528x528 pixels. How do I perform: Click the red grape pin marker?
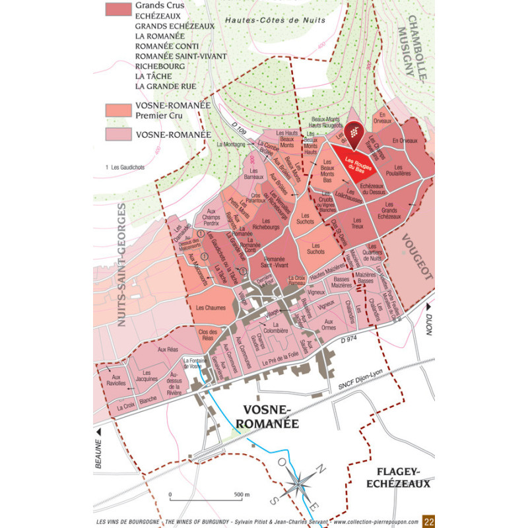coord(354,134)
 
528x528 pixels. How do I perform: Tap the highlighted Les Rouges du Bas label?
coord(355,166)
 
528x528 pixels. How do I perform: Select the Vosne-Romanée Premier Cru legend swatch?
coord(117,110)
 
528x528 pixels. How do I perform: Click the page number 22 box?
coord(429,521)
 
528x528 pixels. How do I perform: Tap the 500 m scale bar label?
coord(241,494)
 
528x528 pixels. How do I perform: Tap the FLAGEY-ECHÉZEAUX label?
coord(403,477)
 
